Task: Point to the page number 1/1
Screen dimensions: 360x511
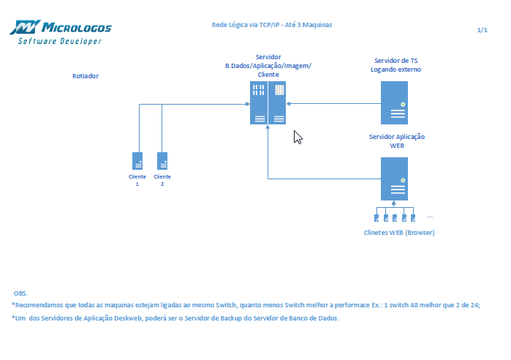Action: click(x=482, y=30)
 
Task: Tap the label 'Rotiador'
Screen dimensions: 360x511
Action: click(x=86, y=76)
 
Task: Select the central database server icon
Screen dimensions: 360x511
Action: click(x=268, y=102)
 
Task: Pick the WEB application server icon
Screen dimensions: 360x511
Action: click(x=394, y=179)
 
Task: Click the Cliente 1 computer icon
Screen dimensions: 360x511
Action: click(x=137, y=162)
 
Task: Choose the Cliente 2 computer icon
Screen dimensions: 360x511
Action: click(x=162, y=162)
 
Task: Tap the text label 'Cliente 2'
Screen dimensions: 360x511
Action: click(x=162, y=180)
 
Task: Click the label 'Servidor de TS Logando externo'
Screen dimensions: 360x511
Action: click(x=395, y=65)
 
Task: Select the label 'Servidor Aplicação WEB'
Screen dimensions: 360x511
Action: click(x=397, y=141)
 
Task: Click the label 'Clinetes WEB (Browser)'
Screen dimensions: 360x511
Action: click(x=399, y=233)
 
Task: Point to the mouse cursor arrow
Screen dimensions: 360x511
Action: click(x=297, y=137)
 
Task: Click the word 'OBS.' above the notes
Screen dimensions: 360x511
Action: click(x=20, y=293)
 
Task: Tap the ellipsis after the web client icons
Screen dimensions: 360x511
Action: click(x=430, y=217)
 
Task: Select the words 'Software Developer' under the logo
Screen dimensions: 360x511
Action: click(x=60, y=41)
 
